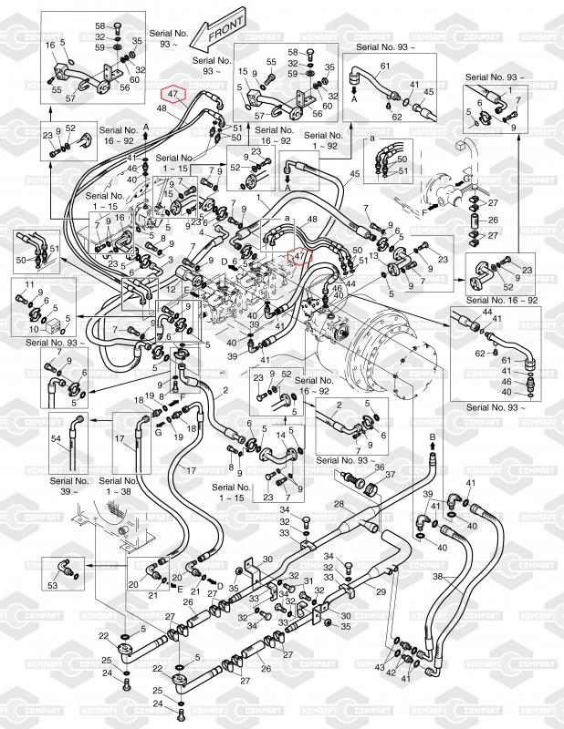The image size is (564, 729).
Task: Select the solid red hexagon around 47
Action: coord(173,92)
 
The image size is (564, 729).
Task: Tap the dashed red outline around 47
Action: coord(298,258)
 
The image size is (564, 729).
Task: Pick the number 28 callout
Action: coord(338,504)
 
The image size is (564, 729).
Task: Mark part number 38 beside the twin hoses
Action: coord(437,578)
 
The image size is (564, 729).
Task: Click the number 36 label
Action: coord(379,467)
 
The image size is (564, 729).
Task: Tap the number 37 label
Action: coord(390,476)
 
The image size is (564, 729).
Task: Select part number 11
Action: coord(26,287)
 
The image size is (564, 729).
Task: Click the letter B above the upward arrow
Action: coord(433,438)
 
